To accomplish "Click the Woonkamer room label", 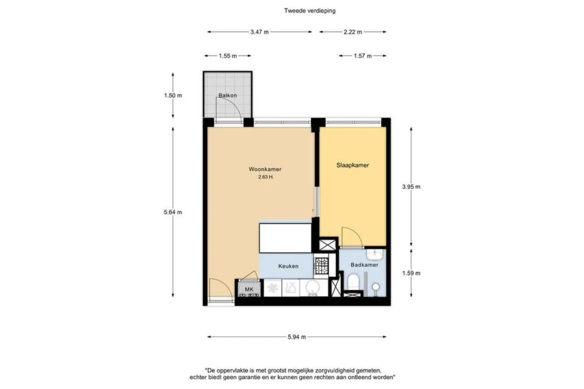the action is click(265, 169).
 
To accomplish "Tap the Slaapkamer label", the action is click(352, 165).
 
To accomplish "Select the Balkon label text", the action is click(228, 95).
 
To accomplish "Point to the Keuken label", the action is click(288, 266).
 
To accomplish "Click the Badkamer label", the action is click(364, 265).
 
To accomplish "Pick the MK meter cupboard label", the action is click(249, 289).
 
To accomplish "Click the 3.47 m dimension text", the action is click(260, 32).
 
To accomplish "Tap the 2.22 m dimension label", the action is click(353, 32).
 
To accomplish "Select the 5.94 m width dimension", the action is click(297, 337).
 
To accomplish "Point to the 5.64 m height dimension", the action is click(173, 212).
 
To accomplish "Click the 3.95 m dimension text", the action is click(411, 187).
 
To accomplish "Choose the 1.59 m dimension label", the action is click(411, 273).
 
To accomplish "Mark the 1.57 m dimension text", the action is click(363, 56).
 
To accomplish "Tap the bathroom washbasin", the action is click(375, 254).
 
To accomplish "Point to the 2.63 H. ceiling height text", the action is click(266, 177).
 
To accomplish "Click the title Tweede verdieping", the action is click(310, 11).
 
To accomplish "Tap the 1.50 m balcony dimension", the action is click(173, 95).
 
